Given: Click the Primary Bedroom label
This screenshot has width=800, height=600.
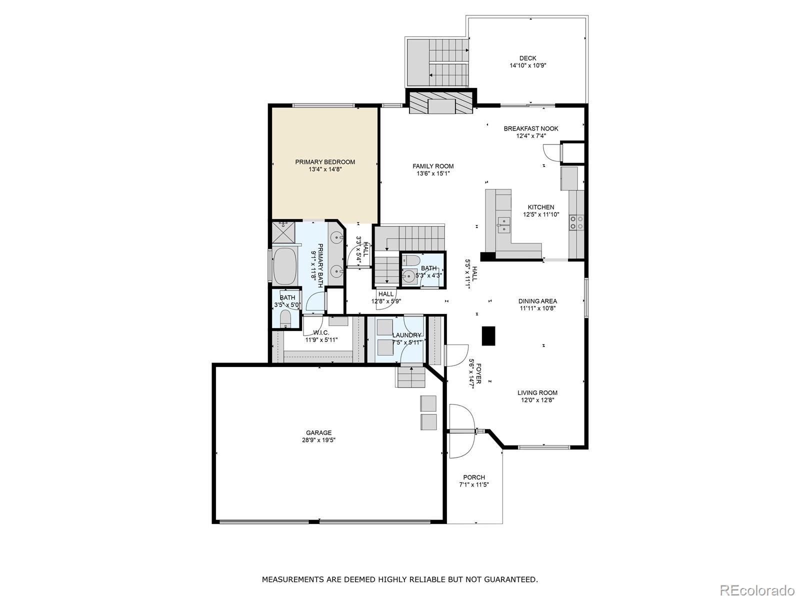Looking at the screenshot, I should click(325, 162).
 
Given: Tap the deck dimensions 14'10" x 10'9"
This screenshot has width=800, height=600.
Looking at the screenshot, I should click(527, 65).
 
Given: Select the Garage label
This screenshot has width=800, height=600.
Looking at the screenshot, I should click(318, 433).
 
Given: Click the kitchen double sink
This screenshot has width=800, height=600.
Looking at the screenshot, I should click(503, 225).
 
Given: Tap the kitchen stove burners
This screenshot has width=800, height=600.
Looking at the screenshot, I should click(576, 222).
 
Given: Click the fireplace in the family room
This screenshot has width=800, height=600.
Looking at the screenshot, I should click(441, 105).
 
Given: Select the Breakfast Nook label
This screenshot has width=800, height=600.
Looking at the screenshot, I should click(531, 128).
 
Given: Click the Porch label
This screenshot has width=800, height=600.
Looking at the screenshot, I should click(473, 477).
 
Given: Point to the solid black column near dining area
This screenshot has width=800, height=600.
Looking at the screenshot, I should click(488, 335).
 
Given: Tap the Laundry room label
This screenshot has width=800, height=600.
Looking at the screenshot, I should click(406, 335).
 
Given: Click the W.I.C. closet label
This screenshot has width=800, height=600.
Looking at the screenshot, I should click(321, 332).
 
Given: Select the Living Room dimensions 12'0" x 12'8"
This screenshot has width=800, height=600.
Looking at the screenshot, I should click(537, 400).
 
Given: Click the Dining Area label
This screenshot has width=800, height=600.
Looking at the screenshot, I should click(537, 301).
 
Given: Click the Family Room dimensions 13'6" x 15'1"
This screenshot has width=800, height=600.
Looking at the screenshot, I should click(433, 173).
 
